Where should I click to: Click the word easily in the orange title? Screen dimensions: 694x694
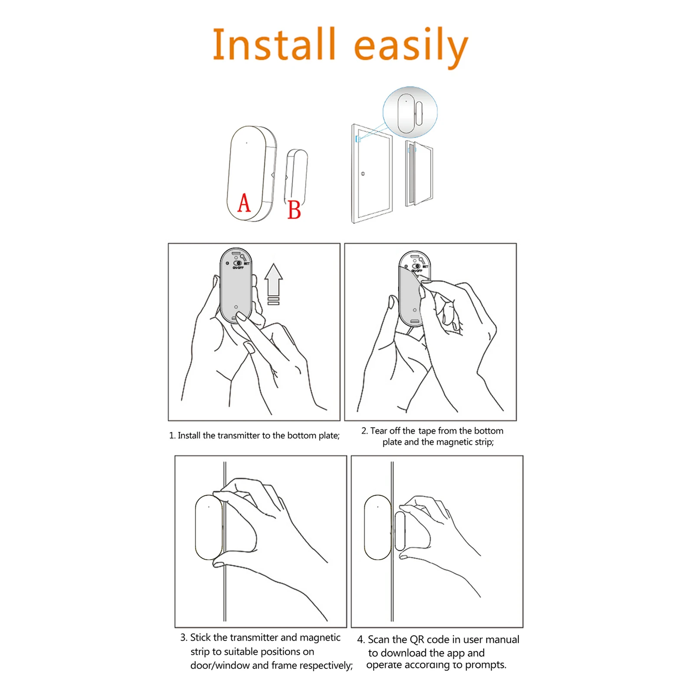(x=411, y=46)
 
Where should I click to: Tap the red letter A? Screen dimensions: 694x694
(x=244, y=203)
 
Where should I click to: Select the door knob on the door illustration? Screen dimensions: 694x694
(x=363, y=174)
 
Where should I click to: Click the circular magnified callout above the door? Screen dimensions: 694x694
(x=410, y=112)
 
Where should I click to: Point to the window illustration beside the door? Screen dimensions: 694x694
(x=419, y=173)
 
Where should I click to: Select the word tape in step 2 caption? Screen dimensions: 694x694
(x=427, y=431)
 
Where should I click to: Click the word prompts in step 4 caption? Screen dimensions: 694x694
(x=485, y=665)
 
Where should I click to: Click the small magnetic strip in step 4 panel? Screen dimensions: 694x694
(x=399, y=531)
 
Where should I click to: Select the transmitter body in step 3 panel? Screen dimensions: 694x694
(x=209, y=527)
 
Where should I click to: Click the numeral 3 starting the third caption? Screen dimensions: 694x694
(x=183, y=637)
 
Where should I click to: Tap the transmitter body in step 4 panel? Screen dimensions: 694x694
(x=377, y=527)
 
